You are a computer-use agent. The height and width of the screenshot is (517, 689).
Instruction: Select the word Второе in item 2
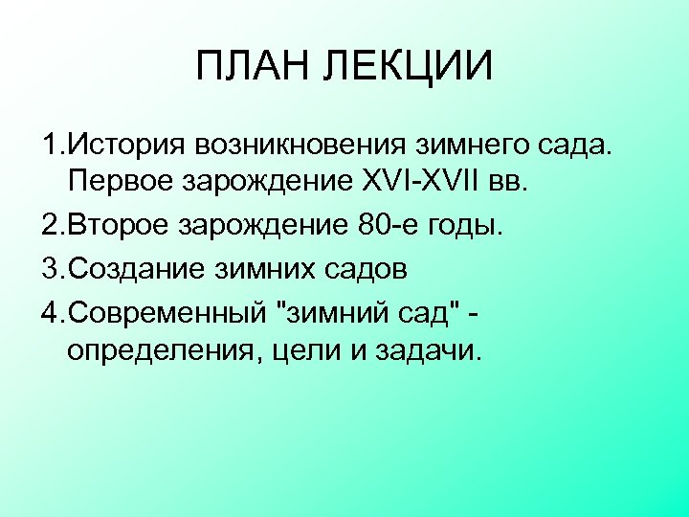[119, 227]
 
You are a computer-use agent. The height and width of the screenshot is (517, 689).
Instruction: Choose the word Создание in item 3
[131, 269]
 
